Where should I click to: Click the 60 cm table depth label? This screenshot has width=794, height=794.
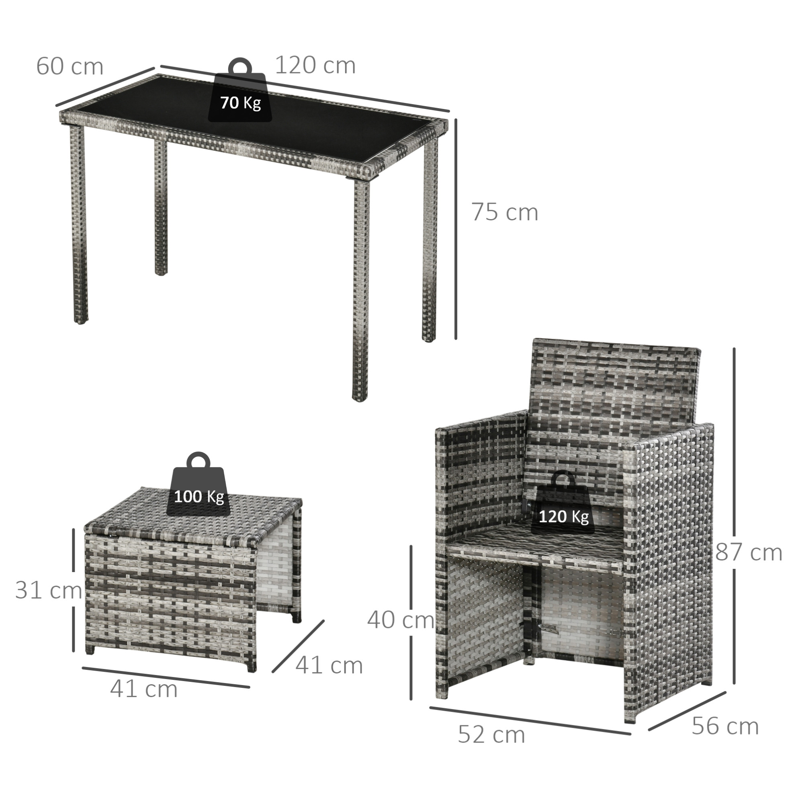tap(70, 66)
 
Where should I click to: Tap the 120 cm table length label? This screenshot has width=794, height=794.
tap(315, 65)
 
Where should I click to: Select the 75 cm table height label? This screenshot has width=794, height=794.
tap(504, 212)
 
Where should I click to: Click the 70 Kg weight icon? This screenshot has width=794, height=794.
tap(240, 90)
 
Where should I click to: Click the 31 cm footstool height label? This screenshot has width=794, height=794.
tap(49, 590)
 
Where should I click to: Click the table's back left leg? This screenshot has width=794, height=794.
tap(161, 208)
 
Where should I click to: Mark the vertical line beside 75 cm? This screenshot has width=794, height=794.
tap(456, 229)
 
